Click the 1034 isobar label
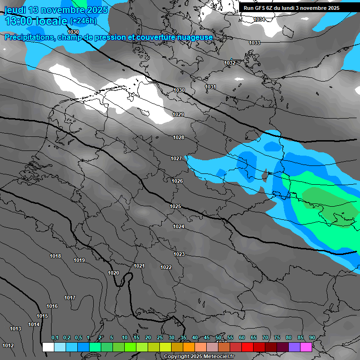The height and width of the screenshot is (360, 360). coord(259,19)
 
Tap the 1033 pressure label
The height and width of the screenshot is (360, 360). coord(255,43)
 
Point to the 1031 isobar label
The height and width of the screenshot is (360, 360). coord(210,87)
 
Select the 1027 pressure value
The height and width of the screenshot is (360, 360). coord(176,158)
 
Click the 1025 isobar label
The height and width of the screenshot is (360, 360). coord(175,206)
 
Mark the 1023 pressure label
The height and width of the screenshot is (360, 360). coord(179,254)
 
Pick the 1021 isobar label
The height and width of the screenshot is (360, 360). coord(139,266)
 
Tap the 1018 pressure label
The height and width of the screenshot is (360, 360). coord(55,256)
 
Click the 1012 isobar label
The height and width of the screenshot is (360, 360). coord(8,345)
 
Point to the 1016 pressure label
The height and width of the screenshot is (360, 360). coord(52,306)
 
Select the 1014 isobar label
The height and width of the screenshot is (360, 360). coord(34,324)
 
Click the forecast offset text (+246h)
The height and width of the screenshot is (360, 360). coord(83,21)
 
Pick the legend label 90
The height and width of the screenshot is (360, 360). coord(312,337)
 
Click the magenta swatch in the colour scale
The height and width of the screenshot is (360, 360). coord(306,347)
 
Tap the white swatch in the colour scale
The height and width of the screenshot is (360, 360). coord(48,347)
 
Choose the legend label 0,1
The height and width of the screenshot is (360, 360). coord(55,337)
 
